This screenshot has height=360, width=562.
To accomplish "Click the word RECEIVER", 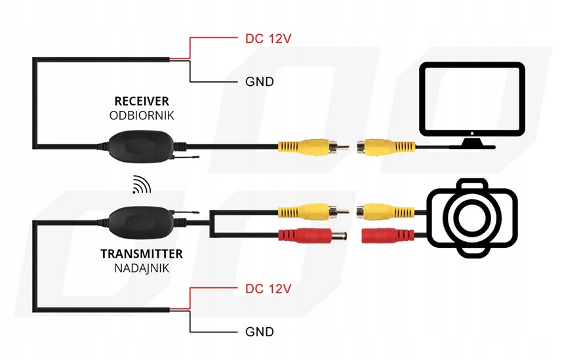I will point(142,101).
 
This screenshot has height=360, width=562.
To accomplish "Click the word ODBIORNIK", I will point(142,115).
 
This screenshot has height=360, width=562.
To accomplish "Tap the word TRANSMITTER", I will point(142,253).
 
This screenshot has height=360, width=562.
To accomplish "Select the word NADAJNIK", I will point(142,268).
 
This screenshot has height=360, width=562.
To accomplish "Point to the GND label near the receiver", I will point(258,82).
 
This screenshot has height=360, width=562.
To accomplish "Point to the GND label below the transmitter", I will point(258,332).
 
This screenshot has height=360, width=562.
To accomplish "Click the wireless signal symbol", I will point(140,186).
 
